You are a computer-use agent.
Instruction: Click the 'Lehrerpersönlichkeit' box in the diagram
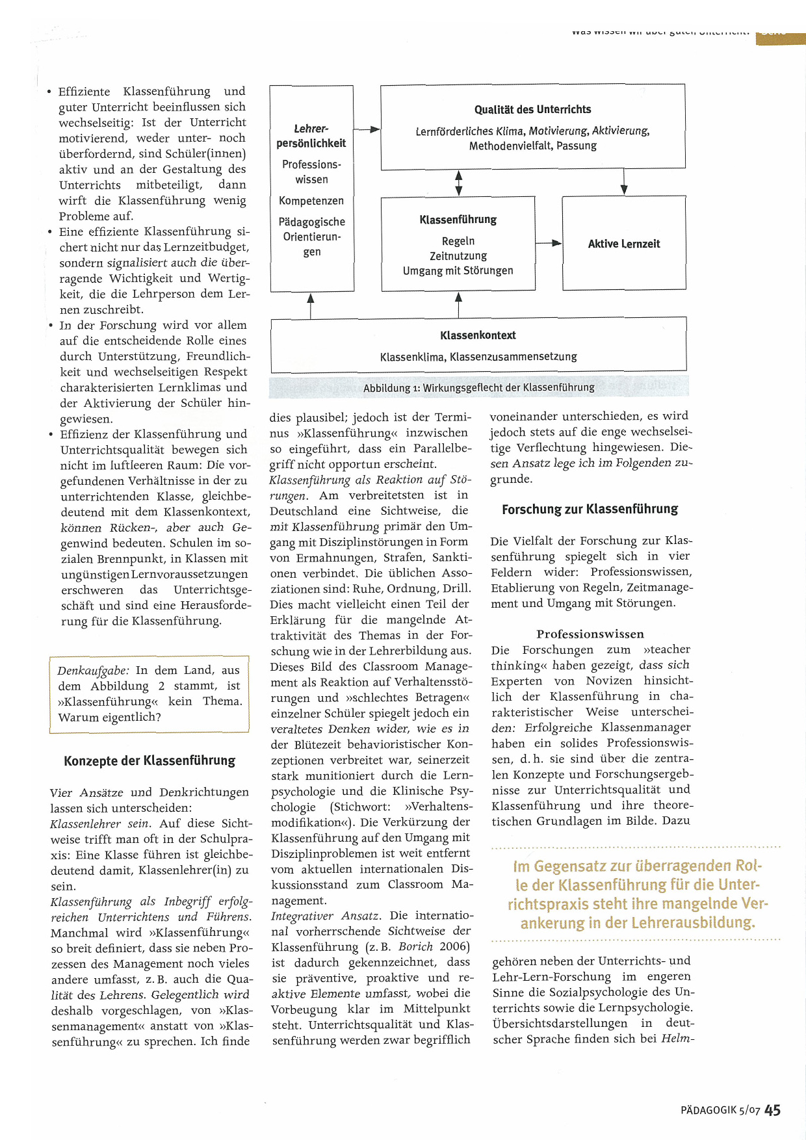[311, 188]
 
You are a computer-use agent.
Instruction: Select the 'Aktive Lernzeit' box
[623, 244]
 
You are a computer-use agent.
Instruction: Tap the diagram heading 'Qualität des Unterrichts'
[532, 109]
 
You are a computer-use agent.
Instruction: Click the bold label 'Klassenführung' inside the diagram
[458, 220]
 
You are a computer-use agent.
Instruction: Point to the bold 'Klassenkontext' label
[478, 335]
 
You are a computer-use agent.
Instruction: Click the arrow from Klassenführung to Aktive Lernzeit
[549, 243]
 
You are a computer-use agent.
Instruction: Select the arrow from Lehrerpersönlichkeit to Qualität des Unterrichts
[367, 129]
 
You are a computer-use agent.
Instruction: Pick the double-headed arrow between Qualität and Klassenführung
[459, 183]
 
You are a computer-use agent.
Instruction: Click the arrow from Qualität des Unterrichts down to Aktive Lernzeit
[624, 181]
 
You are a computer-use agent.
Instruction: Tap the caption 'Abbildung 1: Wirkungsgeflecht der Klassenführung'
[478, 388]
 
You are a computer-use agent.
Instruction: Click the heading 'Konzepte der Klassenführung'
[149, 760]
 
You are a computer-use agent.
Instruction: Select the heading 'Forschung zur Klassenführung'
[590, 509]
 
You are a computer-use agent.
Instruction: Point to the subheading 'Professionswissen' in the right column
[590, 634]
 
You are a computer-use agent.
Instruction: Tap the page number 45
[772, 1110]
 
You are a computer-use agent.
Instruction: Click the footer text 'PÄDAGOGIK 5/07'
[720, 1111]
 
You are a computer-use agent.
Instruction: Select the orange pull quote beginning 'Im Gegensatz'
[638, 894]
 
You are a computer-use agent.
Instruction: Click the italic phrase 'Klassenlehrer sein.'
[100, 823]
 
